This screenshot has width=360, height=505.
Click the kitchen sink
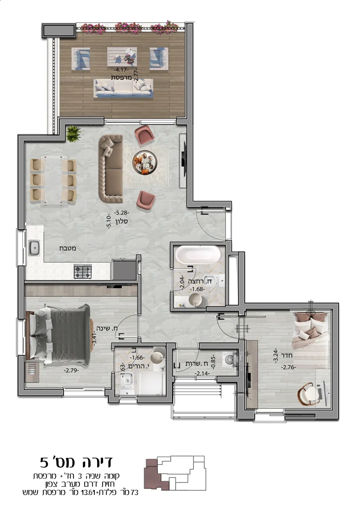pos(34,248)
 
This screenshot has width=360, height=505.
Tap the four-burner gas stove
pos(83,271)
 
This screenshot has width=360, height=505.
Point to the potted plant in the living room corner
pos(73,134)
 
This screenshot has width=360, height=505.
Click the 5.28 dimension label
pos(121,213)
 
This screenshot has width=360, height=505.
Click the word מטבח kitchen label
pos(67,249)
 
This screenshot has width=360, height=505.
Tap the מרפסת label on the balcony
pos(121,78)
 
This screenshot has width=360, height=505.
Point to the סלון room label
pos(122,221)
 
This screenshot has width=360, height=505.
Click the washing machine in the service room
pos(230,359)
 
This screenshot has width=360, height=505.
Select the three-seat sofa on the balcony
pos(123,88)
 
